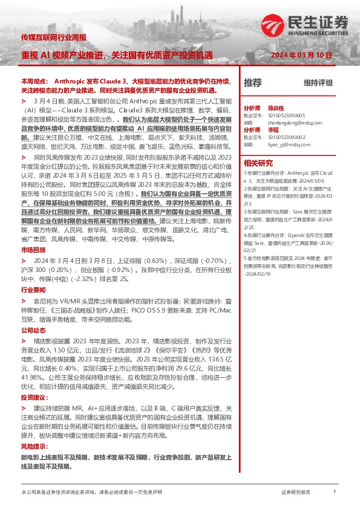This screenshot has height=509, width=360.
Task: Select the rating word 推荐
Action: tap(253, 83)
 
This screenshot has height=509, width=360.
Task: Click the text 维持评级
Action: tap(318, 83)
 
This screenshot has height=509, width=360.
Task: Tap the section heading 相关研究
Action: tap(258, 163)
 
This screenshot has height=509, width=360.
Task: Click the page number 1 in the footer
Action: tap(335, 493)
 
